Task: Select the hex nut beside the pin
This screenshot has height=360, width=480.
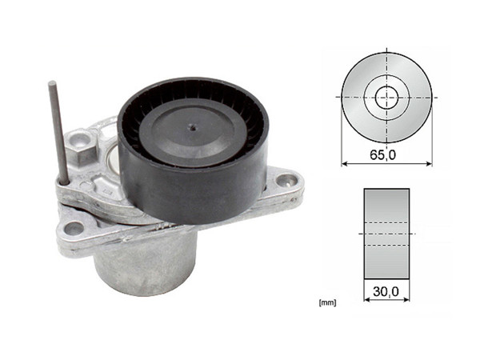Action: click(81, 145)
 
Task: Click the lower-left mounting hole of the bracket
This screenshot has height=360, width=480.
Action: click(74, 228)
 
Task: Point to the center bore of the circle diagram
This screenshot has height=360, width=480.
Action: click(386, 97)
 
